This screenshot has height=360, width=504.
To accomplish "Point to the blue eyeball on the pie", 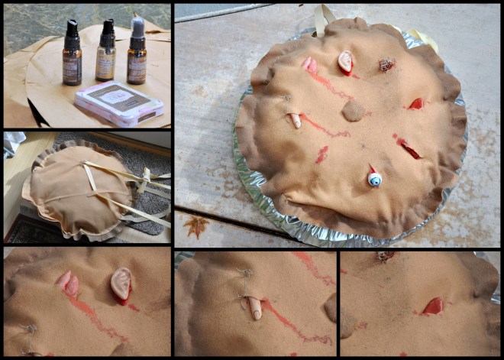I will tap(374, 177).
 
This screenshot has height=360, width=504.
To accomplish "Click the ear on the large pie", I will tap(346, 61).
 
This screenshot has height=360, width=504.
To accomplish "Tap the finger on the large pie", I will tap(295, 119).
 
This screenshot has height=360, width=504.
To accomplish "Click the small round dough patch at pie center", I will tap(353, 112).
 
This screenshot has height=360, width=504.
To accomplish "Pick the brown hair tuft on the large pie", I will tap(387, 65).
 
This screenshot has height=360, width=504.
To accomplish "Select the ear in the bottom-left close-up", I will tap(121, 284).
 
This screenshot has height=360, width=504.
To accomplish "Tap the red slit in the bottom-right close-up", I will tap(433, 306).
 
